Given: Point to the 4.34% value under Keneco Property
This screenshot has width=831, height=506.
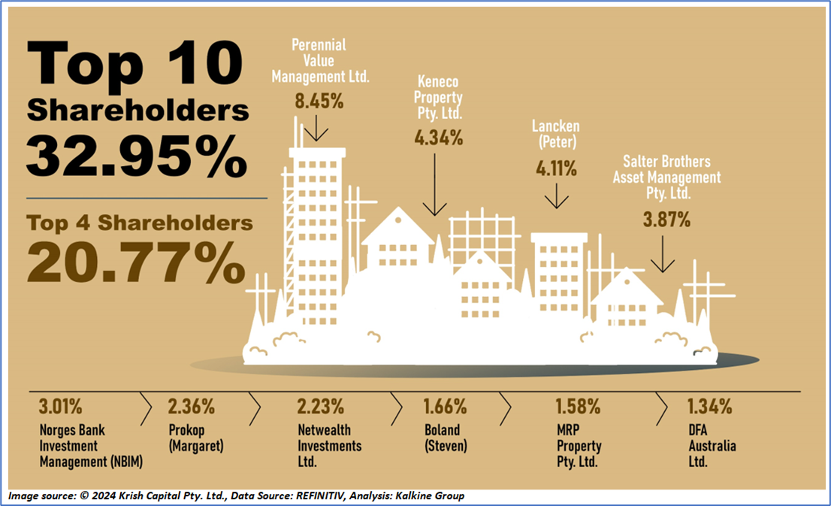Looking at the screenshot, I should point(438,138).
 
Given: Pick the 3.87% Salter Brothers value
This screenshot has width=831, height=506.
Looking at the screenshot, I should point(666,220).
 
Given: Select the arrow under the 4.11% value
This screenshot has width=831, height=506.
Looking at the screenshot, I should point(557,198).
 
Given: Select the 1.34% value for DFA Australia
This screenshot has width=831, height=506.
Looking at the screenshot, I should point(709,408).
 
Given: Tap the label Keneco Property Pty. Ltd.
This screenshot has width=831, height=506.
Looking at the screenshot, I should point(438,97).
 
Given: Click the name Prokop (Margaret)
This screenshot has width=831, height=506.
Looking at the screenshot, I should point(192,439).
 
